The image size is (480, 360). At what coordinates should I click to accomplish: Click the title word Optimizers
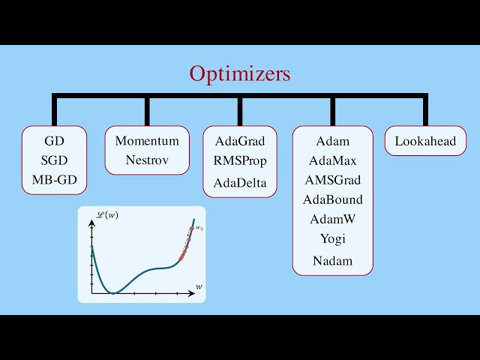point(239,74)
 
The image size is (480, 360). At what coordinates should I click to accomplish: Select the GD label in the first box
point(54,141)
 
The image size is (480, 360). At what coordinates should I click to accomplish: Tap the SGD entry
point(54,160)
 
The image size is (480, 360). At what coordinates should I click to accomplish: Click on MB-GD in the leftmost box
point(54,180)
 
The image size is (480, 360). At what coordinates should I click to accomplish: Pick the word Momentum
point(147,141)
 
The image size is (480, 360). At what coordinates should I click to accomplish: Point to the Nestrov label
point(147,160)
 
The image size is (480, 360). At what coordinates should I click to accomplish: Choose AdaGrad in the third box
point(240,141)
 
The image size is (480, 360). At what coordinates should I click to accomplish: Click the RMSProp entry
point(240,160)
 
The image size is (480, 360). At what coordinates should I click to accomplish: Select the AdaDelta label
point(240,183)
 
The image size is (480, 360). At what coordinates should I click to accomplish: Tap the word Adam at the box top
point(332,141)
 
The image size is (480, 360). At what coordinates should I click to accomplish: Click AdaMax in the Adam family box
point(332,160)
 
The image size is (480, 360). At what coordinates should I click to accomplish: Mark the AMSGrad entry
point(332,180)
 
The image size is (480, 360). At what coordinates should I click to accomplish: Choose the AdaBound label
point(332,199)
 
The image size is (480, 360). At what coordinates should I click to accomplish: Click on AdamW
point(332,219)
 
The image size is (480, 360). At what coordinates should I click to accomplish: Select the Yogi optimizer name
point(332,238)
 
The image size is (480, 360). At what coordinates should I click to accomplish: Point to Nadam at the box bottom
point(332,261)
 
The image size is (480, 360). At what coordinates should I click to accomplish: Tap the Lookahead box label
point(425,141)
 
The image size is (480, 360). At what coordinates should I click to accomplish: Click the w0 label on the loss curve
point(199,228)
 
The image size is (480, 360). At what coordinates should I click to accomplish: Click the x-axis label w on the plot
point(199,286)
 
